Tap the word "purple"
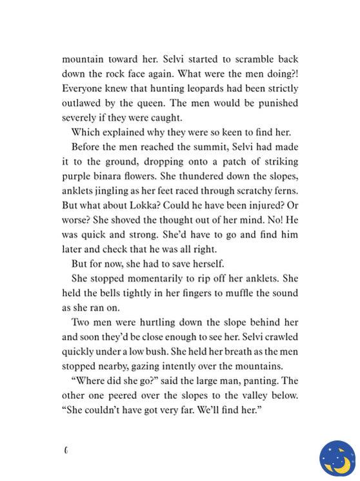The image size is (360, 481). [x=77, y=176]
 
